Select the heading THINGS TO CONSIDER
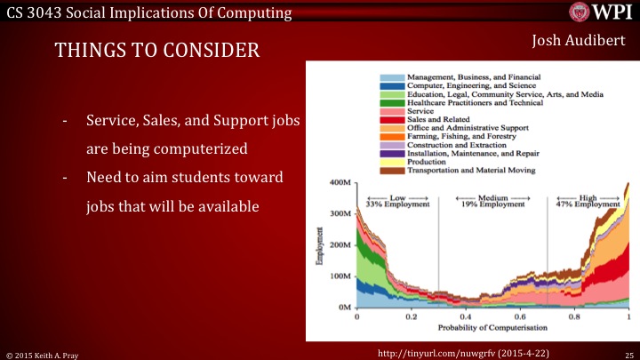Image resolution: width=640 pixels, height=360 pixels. (157, 51)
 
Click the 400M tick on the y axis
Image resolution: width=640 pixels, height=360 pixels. (340, 183)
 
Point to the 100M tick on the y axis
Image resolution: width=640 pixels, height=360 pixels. (340, 276)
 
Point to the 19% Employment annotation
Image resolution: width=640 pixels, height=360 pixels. (492, 204)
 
